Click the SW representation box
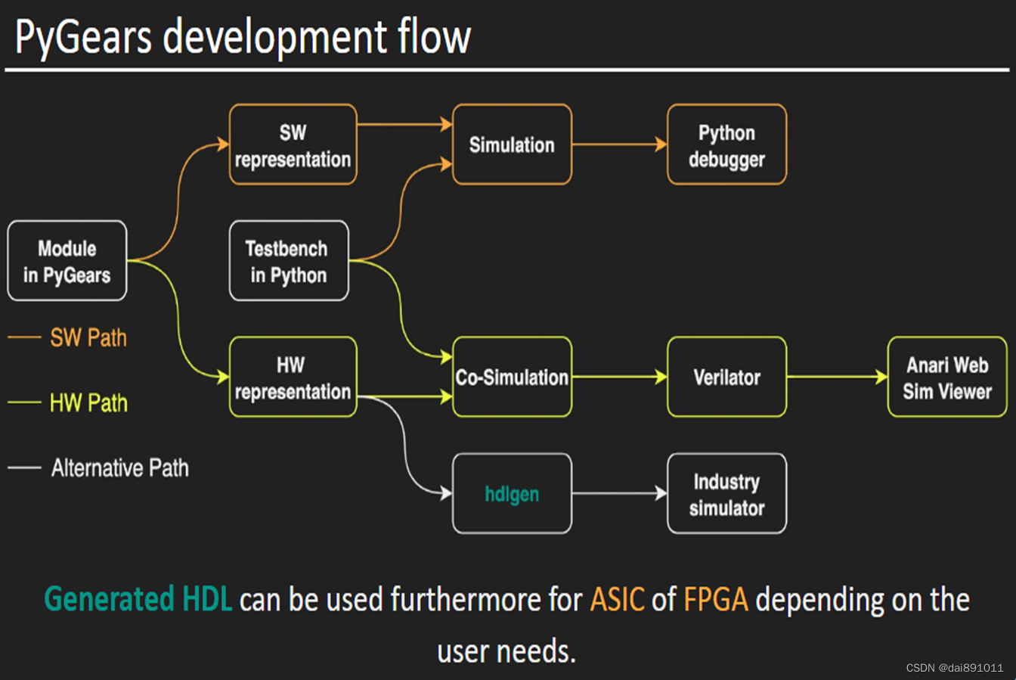point(293,144)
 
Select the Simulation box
point(512,144)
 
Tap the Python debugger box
point(726,144)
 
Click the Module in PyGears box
point(67,260)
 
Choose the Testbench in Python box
point(289,260)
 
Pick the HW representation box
point(293,377)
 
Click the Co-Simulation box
point(512,377)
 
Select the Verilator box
point(726,377)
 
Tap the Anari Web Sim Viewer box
point(947,377)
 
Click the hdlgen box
point(512,493)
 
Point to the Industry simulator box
point(726,493)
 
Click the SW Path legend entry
point(67,337)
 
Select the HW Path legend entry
point(67,402)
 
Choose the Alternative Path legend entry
point(98,467)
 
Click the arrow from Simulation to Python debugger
point(620,144)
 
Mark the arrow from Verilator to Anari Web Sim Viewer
point(838,377)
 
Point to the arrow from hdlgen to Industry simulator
point(620,493)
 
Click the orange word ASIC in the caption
point(618,600)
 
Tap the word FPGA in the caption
point(716,600)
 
